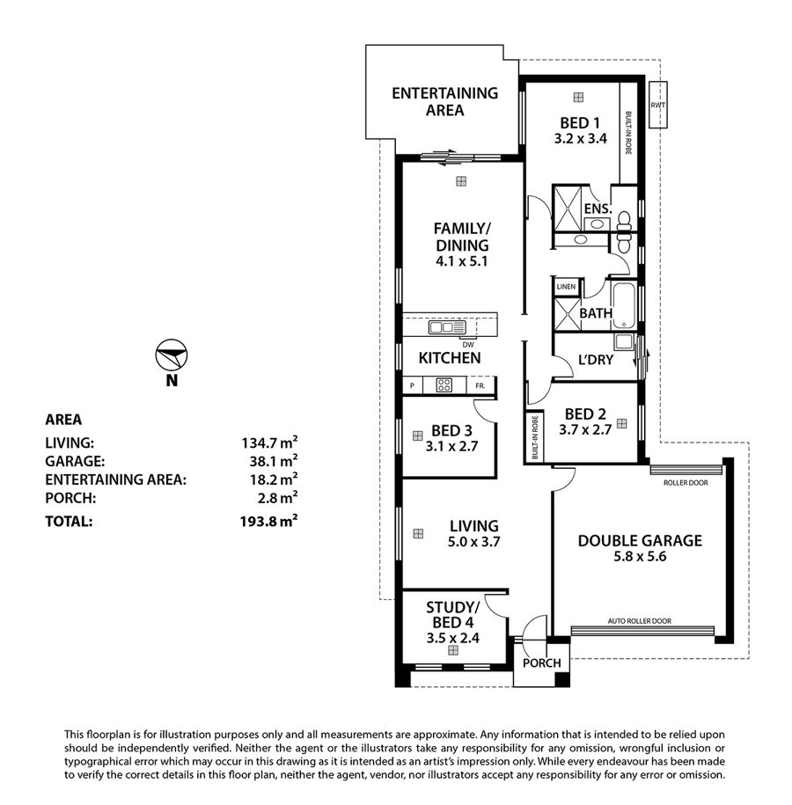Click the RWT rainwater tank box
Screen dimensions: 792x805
pyautogui.click(x=657, y=105)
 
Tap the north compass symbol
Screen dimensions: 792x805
pyautogui.click(x=172, y=355)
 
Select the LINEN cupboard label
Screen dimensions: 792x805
pyautogui.click(x=566, y=287)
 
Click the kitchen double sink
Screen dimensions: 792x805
pyautogui.click(x=447, y=327)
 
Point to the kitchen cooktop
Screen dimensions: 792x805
pyautogui.click(x=444, y=385)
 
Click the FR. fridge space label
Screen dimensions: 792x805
pyautogui.click(x=480, y=385)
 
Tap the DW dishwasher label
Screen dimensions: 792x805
pyautogui.click(x=468, y=345)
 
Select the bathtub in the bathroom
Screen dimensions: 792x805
pyautogui.click(x=624, y=306)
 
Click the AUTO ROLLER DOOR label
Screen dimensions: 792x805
pyautogui.click(x=640, y=621)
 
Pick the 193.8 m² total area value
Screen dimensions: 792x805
pyautogui.click(x=268, y=521)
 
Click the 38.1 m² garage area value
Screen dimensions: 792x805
pyautogui.click(x=274, y=460)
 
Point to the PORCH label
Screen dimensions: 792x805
pyautogui.click(x=542, y=663)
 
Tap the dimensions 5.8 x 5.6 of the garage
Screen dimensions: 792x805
pyautogui.click(x=640, y=557)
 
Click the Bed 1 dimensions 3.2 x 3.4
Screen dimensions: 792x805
pyautogui.click(x=581, y=139)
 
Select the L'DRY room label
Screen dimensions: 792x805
pyautogui.click(x=596, y=360)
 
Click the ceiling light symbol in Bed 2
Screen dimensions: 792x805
pyautogui.click(x=622, y=423)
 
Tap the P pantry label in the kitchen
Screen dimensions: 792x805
pyautogui.click(x=412, y=385)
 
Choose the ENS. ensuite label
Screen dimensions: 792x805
pyautogui.click(x=598, y=209)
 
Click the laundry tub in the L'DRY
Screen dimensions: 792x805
pyautogui.click(x=625, y=342)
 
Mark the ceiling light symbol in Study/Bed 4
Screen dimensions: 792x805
pyautogui.click(x=453, y=650)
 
